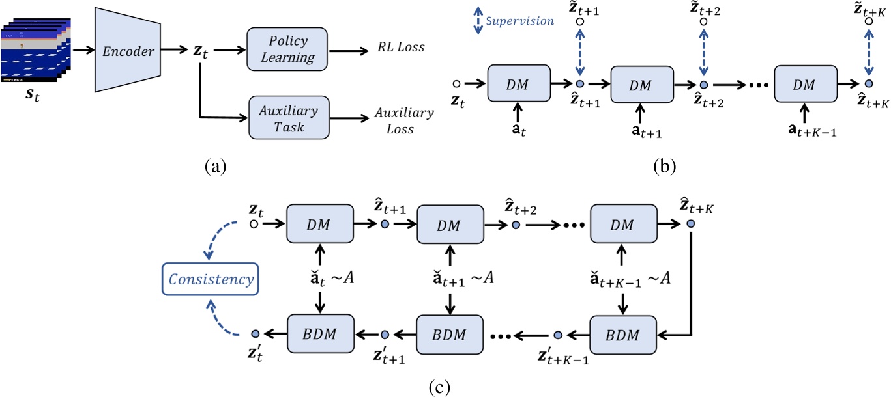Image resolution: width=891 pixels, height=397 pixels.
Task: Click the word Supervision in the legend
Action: click(519, 21)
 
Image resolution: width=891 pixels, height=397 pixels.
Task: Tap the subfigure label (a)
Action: click(215, 167)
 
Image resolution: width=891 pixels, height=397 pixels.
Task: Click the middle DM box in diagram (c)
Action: click(449, 224)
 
